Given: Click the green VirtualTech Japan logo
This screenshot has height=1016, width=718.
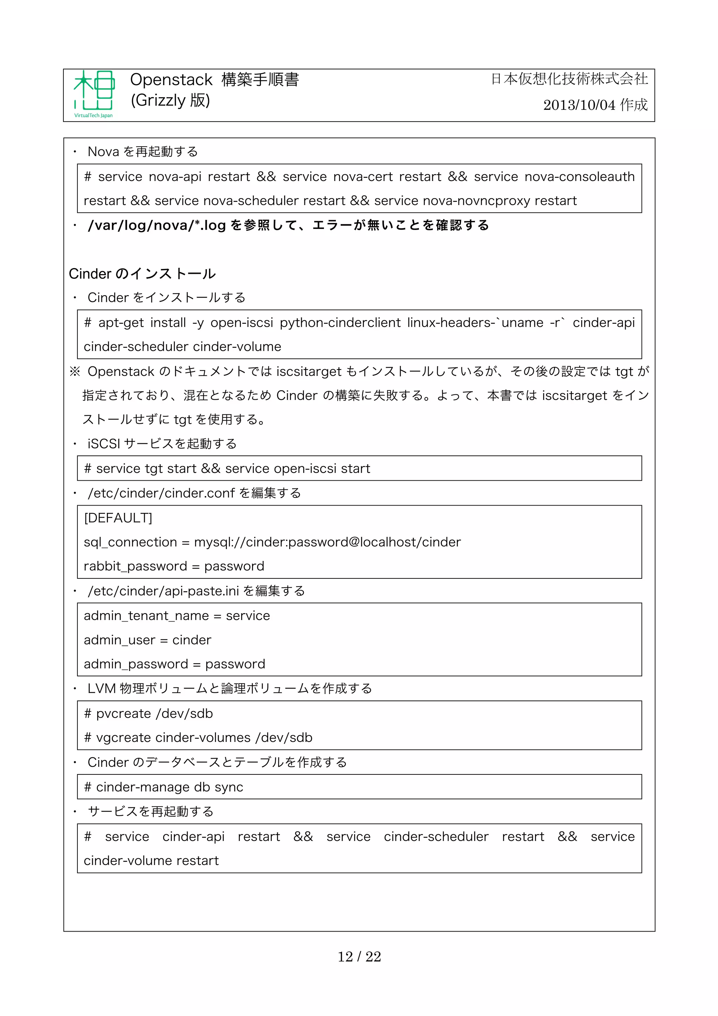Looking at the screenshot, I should pos(94,94).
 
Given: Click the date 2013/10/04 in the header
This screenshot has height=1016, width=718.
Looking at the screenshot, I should pos(579,105).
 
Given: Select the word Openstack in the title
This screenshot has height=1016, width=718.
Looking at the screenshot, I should pos(171,80).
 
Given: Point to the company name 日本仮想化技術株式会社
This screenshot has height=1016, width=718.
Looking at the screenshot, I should pos(569,79).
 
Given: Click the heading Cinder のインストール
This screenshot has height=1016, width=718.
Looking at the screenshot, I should pos(142,274).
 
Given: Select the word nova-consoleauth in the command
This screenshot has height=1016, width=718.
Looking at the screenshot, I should pos(579,177).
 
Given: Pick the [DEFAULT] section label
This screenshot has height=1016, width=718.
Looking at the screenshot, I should pos(118,518).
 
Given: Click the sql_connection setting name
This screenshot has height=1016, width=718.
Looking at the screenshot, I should pos(130,542).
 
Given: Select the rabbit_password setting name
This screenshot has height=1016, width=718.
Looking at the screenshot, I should pos(135,567).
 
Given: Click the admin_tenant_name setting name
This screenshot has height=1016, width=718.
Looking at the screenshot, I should pos(146,616).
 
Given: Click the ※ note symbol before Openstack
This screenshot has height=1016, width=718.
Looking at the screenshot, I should pos(75,372).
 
